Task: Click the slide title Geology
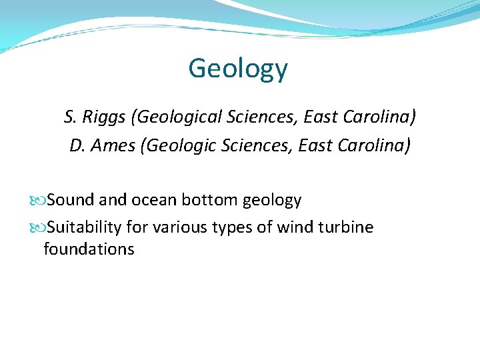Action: pos(238,68)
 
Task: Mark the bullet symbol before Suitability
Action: pos(42,228)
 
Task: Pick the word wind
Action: pos(294,227)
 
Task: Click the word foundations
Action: pos(89,249)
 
